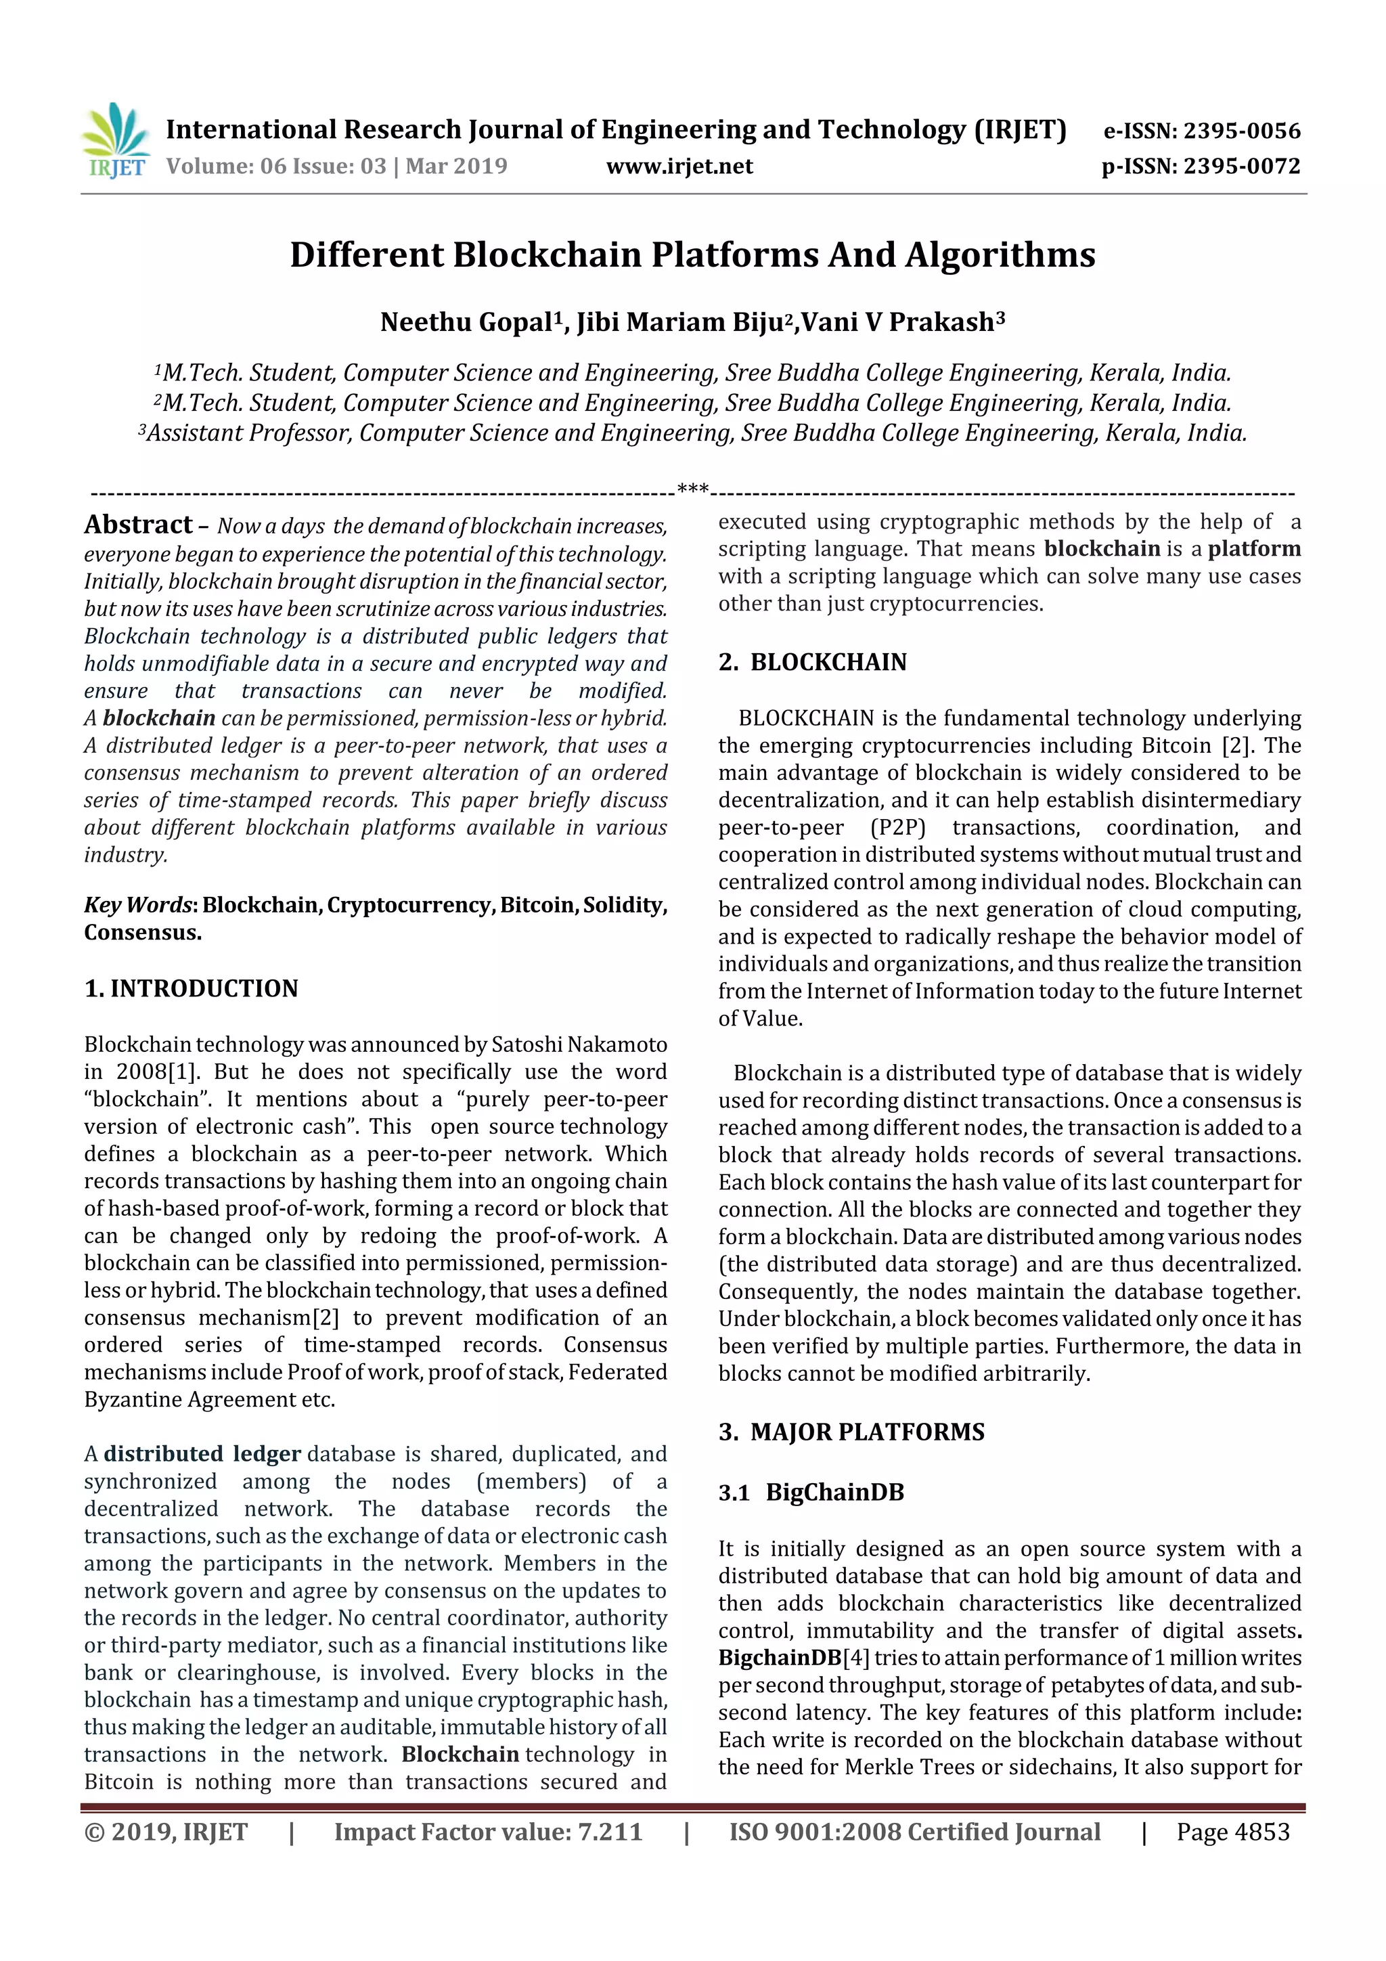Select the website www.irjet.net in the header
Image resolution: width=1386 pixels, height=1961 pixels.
pos(679,166)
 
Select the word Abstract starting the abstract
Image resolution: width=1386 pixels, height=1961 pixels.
pos(138,525)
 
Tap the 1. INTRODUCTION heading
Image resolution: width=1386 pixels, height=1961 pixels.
pos(192,988)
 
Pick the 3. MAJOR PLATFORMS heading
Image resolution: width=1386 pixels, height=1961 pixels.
pos(851,1432)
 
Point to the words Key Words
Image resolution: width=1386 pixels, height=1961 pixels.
pos(137,905)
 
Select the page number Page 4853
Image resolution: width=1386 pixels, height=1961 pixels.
pos(1232,1831)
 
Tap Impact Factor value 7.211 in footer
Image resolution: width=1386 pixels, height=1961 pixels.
pos(488,1831)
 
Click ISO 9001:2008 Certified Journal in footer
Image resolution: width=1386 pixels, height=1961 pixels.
pos(914,1831)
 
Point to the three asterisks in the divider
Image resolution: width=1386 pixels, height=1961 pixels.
pos(692,489)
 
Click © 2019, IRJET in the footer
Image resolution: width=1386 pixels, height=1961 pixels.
pos(166,1831)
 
